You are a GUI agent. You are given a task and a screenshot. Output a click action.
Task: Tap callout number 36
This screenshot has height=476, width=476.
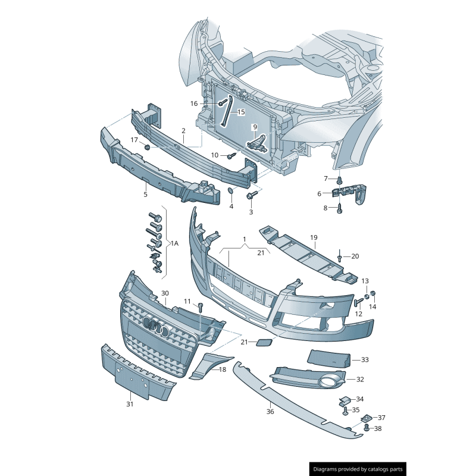coord(270,411)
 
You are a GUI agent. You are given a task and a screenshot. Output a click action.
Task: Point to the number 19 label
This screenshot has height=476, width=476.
coord(314,237)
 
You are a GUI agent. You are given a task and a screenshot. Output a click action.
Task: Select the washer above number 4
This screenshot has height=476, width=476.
coord(231,192)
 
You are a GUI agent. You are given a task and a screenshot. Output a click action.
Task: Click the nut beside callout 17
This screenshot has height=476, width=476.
coord(147,146)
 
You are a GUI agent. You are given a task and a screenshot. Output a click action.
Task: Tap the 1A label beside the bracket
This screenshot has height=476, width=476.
coord(174,243)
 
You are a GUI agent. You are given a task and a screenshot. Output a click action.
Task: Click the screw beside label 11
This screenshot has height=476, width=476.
coord(201,307)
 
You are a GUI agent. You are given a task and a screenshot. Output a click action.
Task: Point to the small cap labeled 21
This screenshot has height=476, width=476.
coord(263,343)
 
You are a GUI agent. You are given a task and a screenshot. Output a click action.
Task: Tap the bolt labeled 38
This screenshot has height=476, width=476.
coord(367,428)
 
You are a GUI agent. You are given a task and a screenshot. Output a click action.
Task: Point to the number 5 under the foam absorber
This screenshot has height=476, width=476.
coord(145,194)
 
